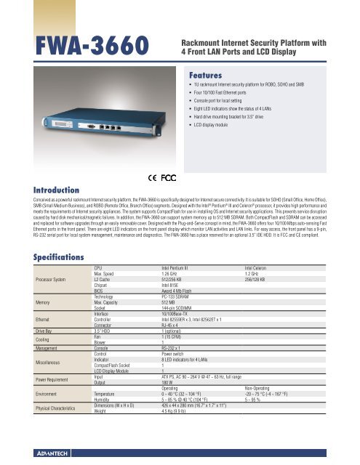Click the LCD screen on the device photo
41,126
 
